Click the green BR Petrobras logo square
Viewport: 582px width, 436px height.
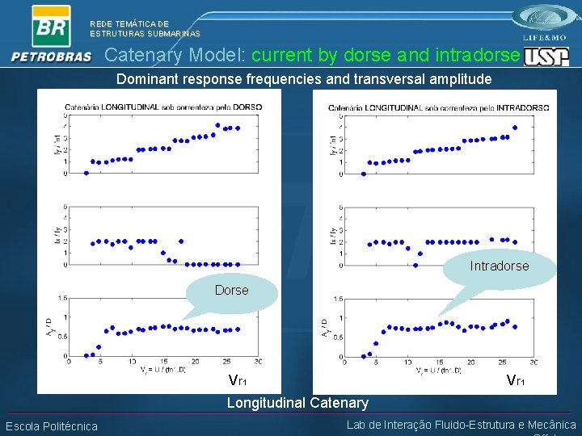coord(51,26)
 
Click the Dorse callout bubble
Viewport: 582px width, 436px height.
coord(232,291)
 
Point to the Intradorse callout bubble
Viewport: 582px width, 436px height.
coord(500,266)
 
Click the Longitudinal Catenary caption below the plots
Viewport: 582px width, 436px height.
coord(297,402)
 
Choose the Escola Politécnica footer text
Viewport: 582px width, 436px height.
coord(52,426)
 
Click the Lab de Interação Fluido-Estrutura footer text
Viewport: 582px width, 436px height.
coord(461,426)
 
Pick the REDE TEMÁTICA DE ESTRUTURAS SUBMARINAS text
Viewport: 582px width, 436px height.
coord(145,29)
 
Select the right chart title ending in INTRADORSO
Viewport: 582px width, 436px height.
coord(439,107)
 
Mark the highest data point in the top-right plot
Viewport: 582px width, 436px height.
coord(515,128)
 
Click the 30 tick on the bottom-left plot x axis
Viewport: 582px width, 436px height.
coord(258,362)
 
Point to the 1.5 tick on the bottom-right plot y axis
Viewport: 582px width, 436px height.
coord(337,299)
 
